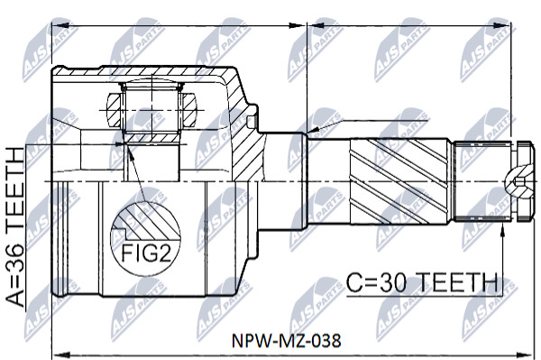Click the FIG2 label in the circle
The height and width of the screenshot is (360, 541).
pyautogui.click(x=146, y=254)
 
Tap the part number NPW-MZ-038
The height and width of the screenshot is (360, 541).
pyautogui.click(x=286, y=340)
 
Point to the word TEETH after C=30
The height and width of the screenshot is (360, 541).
pyautogui.click(x=458, y=282)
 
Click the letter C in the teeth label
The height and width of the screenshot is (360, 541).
pyautogui.click(x=353, y=282)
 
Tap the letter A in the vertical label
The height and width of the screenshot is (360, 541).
pyautogui.click(x=15, y=298)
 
